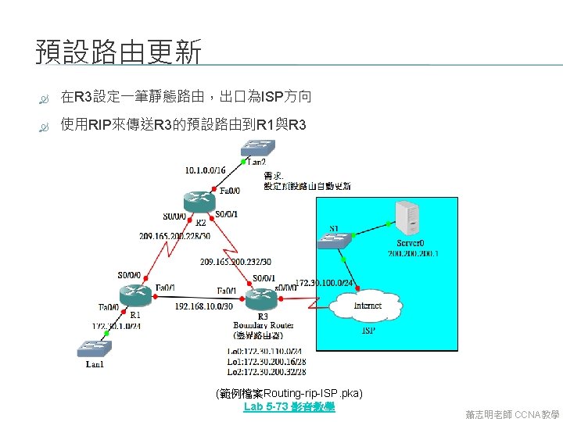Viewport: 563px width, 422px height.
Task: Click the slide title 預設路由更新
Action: pyautogui.click(x=119, y=53)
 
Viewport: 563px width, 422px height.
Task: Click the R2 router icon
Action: pyautogui.click(x=201, y=200)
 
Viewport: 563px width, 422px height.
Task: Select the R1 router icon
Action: pyautogui.click(x=135, y=295)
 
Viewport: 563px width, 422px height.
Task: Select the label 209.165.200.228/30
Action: pyautogui.click(x=175, y=235)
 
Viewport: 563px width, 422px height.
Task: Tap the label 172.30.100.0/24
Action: pyautogui.click(x=325, y=282)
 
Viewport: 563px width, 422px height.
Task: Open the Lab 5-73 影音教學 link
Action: pyautogui.click(x=289, y=407)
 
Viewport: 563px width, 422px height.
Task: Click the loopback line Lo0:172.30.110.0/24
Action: pyautogui.click(x=264, y=352)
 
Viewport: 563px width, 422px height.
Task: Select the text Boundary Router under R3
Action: pyautogui.click(x=264, y=325)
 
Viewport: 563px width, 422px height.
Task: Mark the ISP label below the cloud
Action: pyautogui.click(x=368, y=331)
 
